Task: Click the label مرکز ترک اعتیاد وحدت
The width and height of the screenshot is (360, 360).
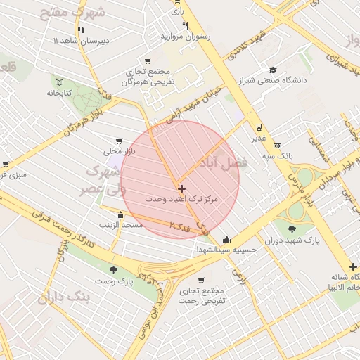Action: (181, 200)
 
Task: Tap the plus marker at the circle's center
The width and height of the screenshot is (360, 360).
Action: (181, 188)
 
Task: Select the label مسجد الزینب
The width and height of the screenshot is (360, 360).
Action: (122, 225)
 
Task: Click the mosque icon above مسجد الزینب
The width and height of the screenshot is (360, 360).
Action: (121, 214)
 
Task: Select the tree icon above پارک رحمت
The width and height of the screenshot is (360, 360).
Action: (114, 269)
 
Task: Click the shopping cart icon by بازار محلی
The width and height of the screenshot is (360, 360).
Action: (118, 140)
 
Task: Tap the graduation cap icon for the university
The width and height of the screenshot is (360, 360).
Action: (272, 70)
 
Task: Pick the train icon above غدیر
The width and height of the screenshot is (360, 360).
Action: (259, 127)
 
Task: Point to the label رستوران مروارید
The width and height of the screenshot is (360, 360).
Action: (186, 36)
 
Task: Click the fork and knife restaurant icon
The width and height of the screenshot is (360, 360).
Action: (186, 25)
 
